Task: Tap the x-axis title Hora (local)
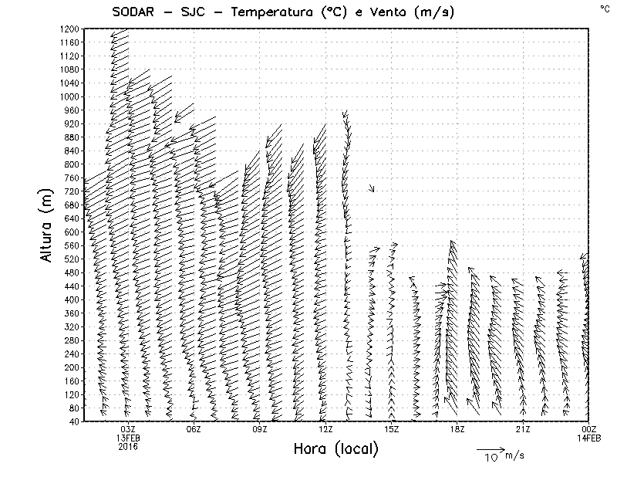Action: pos(335,449)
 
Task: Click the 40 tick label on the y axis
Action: pos(74,421)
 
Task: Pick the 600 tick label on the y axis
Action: pos(72,232)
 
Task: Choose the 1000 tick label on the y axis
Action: pos(69,96)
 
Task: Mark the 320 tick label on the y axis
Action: pos(72,326)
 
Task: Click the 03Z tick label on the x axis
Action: pos(128,429)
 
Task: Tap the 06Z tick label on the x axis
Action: pos(194,429)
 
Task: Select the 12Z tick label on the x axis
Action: pos(325,429)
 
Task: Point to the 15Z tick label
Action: pos(391,429)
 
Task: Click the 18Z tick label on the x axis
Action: pos(457,429)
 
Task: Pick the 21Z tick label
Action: pos(523,429)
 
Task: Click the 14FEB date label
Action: pos(589,438)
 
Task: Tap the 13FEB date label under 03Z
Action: pos(128,438)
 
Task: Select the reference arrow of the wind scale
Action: pos(490,448)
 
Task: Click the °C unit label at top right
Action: pos(604,8)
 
